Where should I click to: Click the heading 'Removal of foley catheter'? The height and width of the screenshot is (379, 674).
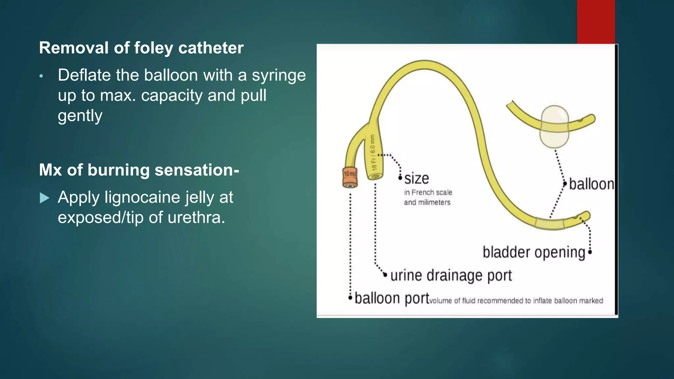coord(141,48)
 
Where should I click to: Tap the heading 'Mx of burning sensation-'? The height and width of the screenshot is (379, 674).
coord(139,170)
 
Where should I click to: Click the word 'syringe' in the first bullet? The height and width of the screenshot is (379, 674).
coord(279,75)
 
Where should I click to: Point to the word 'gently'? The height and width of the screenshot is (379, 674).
coord(80,116)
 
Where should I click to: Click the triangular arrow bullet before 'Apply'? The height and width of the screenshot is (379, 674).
coord(44,198)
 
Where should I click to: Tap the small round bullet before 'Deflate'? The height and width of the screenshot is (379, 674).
coord(41,76)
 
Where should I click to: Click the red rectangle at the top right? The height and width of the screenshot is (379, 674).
coord(596,22)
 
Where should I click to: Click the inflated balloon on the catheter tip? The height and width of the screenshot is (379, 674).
coord(555,126)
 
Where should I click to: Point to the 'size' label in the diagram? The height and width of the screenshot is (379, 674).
coord(417,179)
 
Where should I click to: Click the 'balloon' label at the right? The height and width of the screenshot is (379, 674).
coord(591,184)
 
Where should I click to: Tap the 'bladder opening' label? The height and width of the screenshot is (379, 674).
coord(534,252)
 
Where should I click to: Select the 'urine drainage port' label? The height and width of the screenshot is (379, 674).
coord(451,275)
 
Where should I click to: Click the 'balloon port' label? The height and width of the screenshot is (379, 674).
coord(392,298)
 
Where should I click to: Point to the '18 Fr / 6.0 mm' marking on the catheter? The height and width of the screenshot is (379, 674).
coord(373,152)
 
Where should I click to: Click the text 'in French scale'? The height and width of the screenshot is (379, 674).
coord(428,192)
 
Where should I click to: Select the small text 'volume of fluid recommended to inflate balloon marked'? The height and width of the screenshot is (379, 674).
coord(516,301)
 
